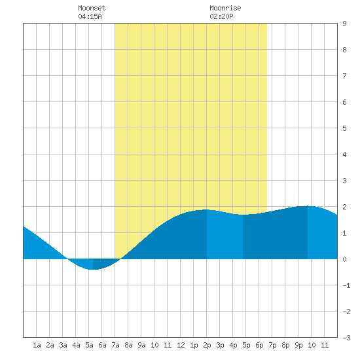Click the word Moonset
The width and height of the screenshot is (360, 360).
click(92, 8)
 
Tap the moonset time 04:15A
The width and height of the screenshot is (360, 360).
click(90, 16)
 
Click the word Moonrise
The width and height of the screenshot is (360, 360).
click(225, 8)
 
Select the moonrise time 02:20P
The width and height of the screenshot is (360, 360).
click(221, 16)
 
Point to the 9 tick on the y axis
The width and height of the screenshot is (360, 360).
click(344, 24)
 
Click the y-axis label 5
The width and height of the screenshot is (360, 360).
click(344, 128)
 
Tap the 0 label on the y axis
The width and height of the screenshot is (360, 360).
click(344, 259)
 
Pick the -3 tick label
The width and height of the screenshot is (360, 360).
click(346, 338)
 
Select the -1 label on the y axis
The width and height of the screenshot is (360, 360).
click(346, 285)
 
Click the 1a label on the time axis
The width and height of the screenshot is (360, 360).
click(37, 345)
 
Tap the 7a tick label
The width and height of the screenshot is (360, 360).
click(115, 345)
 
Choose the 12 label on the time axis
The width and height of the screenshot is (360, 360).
click(181, 345)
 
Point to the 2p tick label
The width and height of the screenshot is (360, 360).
click(207, 345)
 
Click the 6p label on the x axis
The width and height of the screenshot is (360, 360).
click(259, 345)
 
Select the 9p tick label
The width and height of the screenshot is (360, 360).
click(298, 345)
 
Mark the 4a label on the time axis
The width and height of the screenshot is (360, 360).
click(76, 345)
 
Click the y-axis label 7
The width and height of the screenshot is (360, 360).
click(344, 76)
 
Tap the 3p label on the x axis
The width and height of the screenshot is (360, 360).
click(220, 345)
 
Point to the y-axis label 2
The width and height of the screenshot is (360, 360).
click(344, 207)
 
